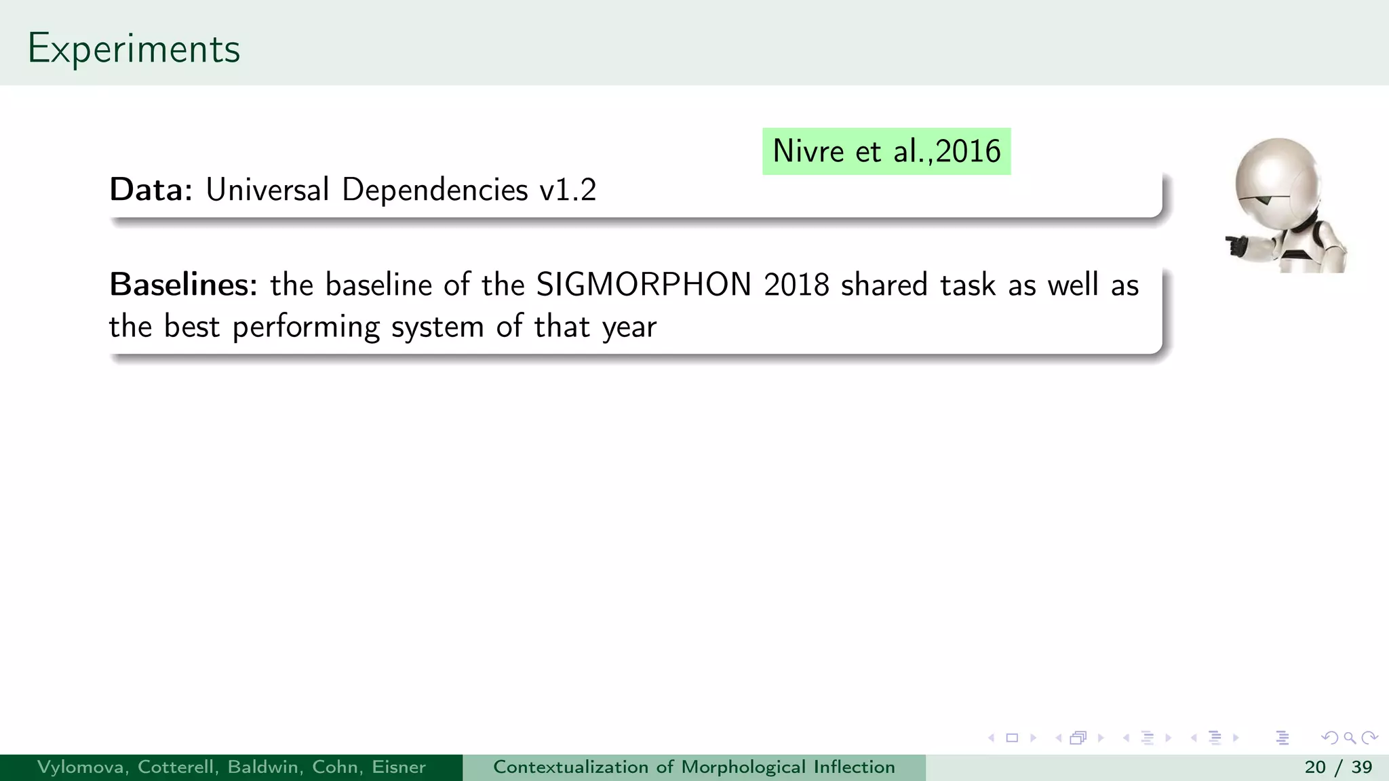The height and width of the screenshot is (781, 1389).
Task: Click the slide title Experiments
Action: pyautogui.click(x=134, y=49)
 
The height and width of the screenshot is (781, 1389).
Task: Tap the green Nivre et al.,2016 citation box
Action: pyautogui.click(x=886, y=151)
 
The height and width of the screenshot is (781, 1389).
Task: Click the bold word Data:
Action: pyautogui.click(x=151, y=190)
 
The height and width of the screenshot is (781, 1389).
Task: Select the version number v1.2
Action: pyautogui.click(x=568, y=190)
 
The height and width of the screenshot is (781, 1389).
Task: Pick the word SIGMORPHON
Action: pyautogui.click(x=644, y=285)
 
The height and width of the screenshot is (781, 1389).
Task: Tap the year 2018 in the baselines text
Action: pyautogui.click(x=796, y=285)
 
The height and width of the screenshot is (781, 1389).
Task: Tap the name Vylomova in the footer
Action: pyautogui.click(x=82, y=767)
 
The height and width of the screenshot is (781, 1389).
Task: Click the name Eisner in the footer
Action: pyautogui.click(x=399, y=767)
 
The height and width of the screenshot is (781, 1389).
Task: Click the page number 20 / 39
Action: pyautogui.click(x=1338, y=767)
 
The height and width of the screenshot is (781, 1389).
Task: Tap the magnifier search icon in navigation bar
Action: pyautogui.click(x=1349, y=738)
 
